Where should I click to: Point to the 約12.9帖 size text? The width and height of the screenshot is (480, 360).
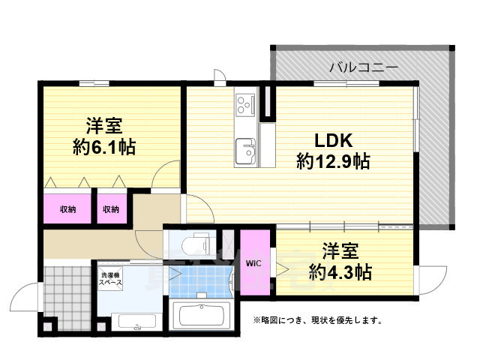click(333, 161)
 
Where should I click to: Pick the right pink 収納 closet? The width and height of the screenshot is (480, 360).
click(111, 209)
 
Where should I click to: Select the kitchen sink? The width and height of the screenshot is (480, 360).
click(244, 152)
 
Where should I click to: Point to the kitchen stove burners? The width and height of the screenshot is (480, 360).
click(244, 105)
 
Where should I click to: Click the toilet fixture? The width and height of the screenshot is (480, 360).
click(196, 244)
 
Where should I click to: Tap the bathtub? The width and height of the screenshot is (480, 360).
click(203, 314)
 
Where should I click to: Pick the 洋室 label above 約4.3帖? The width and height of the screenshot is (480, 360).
click(340, 250)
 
